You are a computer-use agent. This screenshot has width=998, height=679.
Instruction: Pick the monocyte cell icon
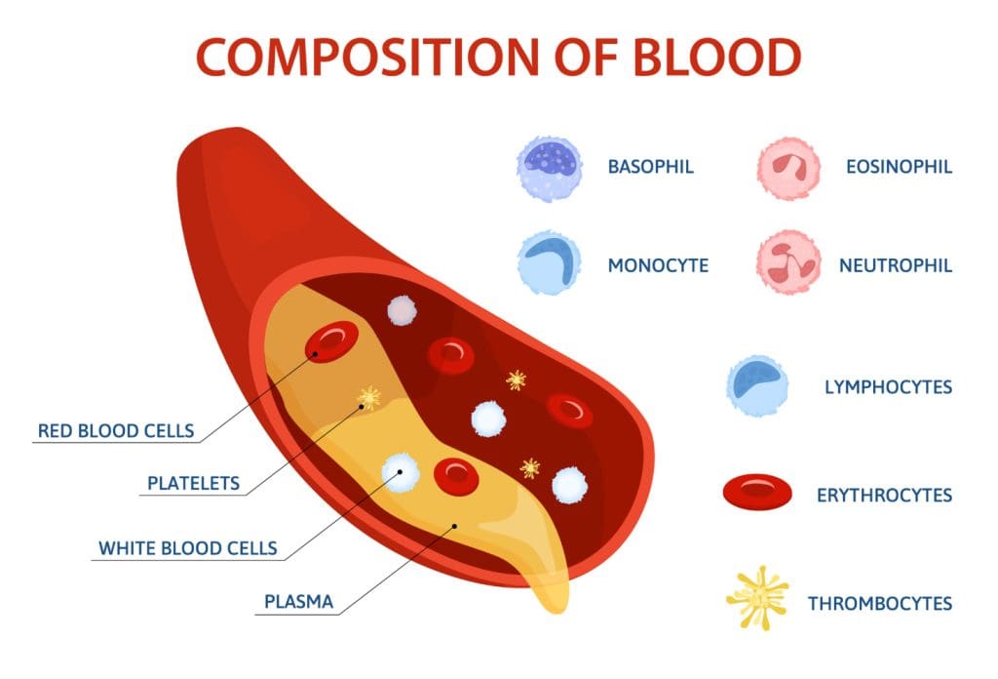[549, 264]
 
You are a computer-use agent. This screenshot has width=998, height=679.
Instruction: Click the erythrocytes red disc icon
[756, 494]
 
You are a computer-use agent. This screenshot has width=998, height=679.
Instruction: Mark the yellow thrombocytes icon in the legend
[758, 598]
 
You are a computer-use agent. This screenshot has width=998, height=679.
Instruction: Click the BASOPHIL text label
[650, 167]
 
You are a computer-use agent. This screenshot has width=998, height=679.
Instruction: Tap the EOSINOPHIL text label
[899, 167]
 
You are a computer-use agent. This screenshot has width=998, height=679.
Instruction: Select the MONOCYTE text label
[658, 265]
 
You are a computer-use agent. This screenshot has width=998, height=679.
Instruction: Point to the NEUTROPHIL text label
[896, 265]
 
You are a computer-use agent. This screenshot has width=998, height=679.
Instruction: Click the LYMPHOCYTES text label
[888, 387]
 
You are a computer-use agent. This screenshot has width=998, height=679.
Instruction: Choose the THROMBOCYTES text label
[879, 604]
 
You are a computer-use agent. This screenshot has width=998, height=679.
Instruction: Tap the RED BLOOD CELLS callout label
[115, 430]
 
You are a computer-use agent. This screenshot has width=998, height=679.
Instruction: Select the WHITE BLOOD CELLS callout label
[187, 548]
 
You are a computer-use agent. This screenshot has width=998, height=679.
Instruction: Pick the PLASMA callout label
[298, 602]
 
